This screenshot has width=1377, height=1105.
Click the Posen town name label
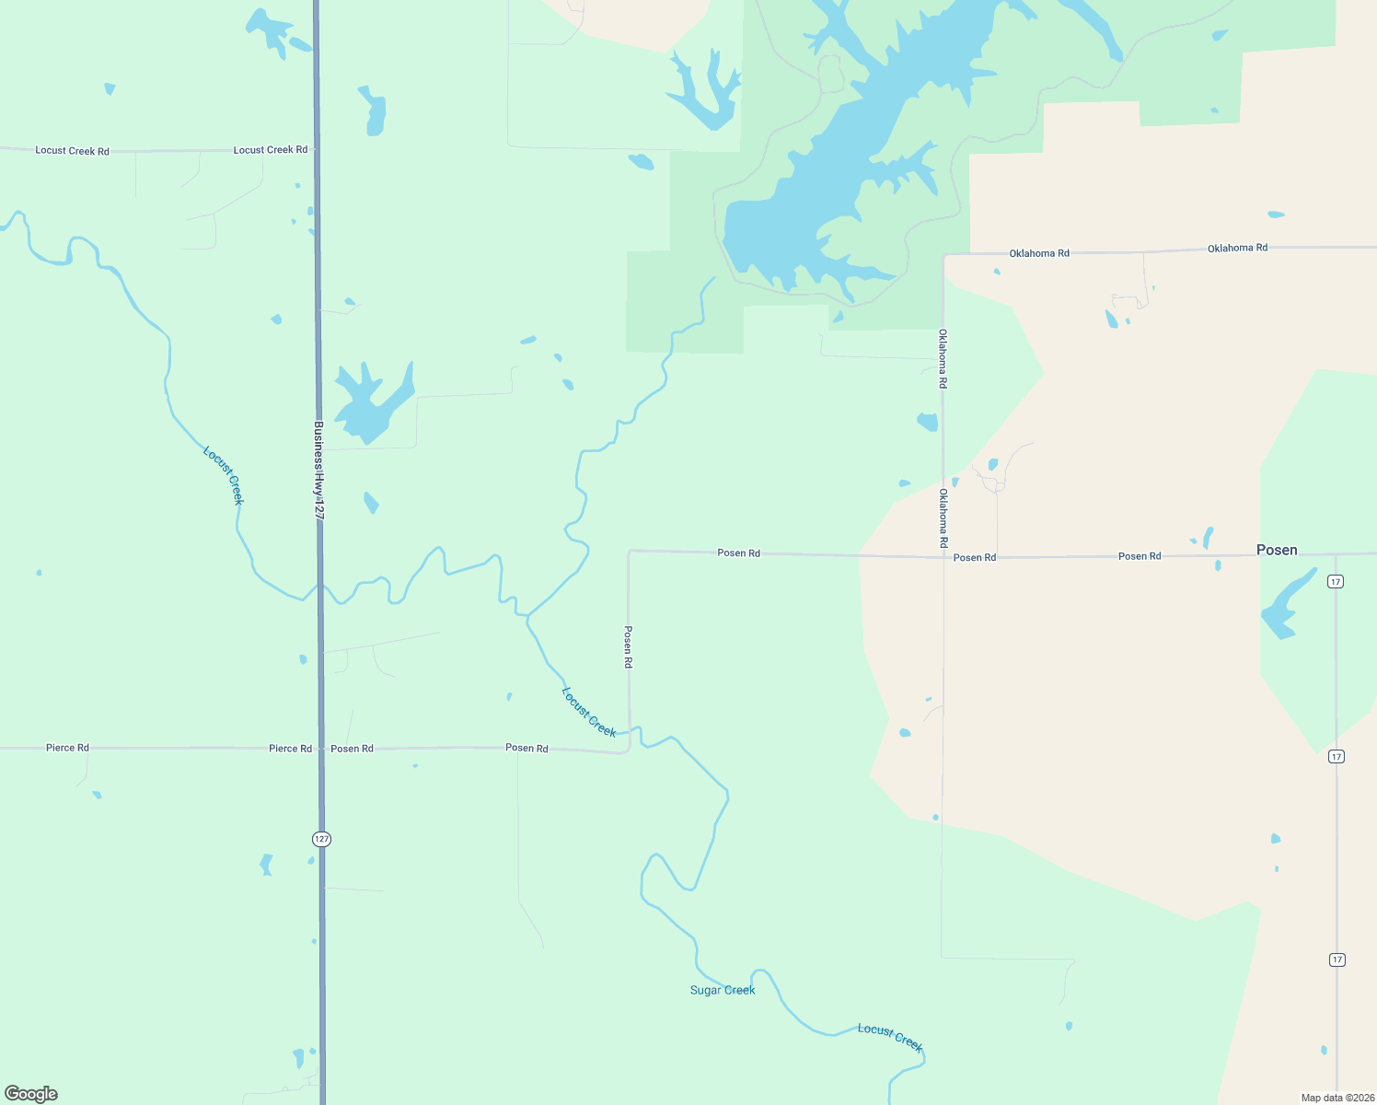point(1277,550)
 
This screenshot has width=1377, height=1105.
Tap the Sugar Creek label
point(723,990)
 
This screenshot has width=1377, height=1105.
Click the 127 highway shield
point(320,839)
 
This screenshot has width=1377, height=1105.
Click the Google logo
point(31,1094)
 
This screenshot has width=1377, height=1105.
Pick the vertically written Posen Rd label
point(629,646)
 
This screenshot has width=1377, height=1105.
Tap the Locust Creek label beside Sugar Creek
point(889,1037)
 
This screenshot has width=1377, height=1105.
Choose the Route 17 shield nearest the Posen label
point(1336,581)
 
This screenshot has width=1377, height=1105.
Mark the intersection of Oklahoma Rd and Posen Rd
point(943,556)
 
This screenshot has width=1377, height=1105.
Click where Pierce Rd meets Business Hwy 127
point(320,748)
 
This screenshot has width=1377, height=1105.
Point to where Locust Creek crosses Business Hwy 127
point(319,587)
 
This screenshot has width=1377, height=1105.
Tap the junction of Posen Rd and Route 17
point(1336,554)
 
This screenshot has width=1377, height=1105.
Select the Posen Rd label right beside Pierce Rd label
point(352,749)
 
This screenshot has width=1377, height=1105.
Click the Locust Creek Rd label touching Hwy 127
point(271,149)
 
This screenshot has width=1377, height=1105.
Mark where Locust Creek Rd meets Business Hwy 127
point(316,149)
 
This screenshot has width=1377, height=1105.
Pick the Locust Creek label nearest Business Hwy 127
point(224,475)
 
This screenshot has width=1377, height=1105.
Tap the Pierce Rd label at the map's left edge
point(67,748)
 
